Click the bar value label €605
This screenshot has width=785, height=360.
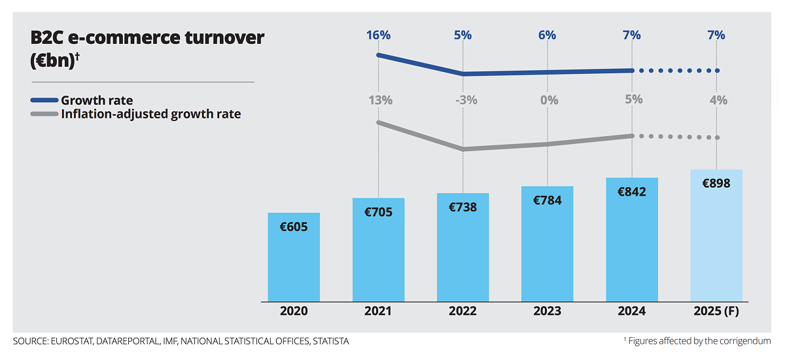(x=294, y=227)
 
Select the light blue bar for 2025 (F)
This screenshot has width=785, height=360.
(x=716, y=242)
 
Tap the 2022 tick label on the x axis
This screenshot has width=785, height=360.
(x=462, y=312)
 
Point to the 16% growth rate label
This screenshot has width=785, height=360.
(x=379, y=35)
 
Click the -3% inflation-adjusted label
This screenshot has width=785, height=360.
(x=463, y=100)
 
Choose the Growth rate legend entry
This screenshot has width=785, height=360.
(x=96, y=100)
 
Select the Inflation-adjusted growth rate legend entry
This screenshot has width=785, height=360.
(x=150, y=114)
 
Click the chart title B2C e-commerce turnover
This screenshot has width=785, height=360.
(x=147, y=38)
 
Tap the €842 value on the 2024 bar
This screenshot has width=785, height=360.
(x=632, y=192)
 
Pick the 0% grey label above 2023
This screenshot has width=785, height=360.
(x=548, y=100)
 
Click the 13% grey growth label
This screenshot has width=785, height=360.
(x=379, y=100)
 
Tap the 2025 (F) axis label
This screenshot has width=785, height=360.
(x=716, y=312)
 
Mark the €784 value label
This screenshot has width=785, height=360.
(x=548, y=200)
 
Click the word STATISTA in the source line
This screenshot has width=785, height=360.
(x=330, y=341)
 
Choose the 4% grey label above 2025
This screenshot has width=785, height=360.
(x=717, y=100)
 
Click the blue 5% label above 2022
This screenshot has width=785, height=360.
(x=462, y=35)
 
